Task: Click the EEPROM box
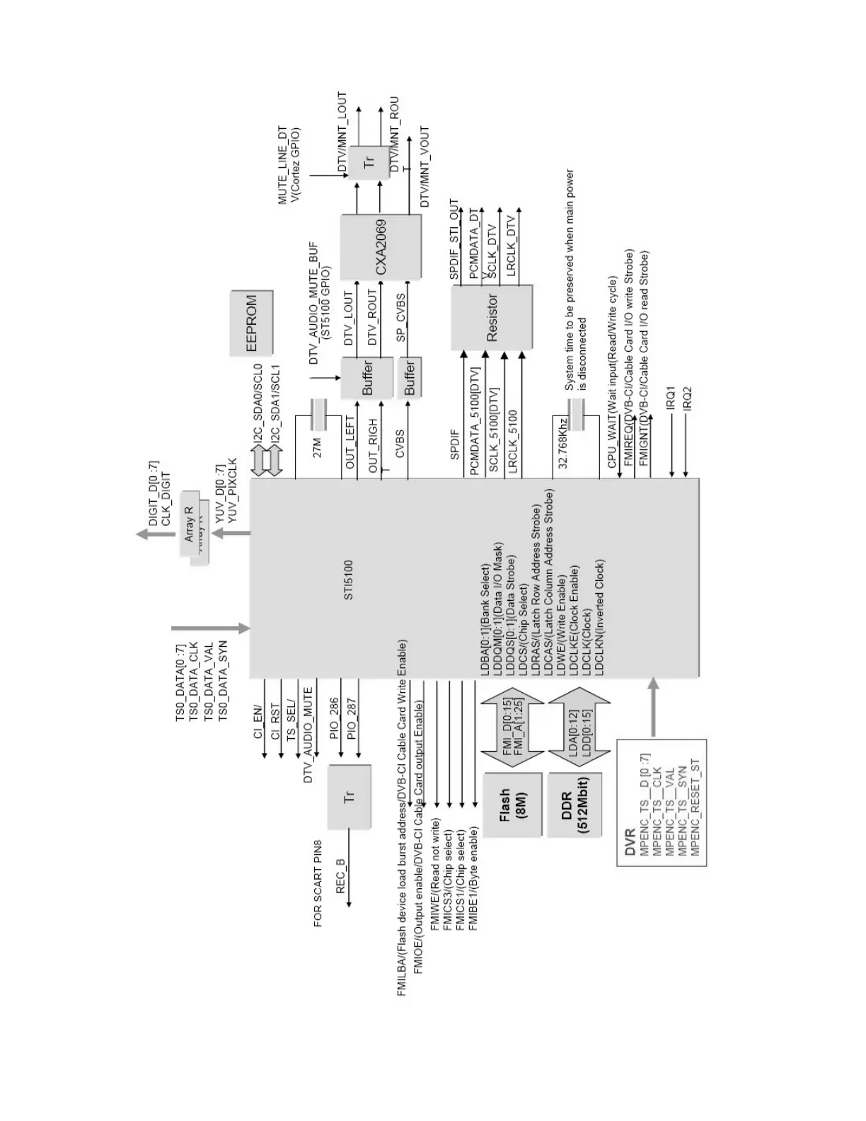[252, 323]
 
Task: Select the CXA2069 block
[380, 247]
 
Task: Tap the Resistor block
[492, 318]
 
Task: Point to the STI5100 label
[348, 581]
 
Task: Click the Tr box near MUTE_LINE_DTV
[369, 163]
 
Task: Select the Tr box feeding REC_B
[349, 797]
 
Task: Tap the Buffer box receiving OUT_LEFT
[366, 379]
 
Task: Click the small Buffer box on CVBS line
[409, 379]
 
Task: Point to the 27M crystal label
[318, 448]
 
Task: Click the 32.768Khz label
[563, 443]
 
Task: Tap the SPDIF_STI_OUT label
[454, 239]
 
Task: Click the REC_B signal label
[341, 875]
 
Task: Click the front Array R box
[188, 523]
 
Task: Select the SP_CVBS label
[400, 318]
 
